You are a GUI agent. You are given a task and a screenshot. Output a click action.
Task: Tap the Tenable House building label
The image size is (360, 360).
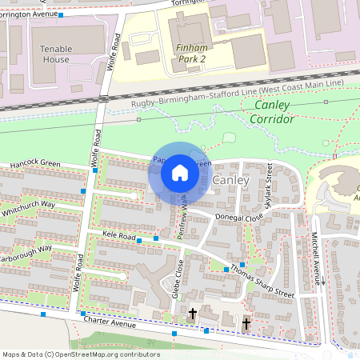(55, 54)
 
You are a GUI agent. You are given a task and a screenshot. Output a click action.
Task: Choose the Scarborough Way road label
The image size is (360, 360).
(24, 249)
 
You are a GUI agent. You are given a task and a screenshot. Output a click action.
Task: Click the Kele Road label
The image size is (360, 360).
(118, 236)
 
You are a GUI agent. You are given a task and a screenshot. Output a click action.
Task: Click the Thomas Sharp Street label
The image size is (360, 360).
(262, 282)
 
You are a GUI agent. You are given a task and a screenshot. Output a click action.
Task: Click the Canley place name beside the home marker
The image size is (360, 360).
(232, 180)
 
